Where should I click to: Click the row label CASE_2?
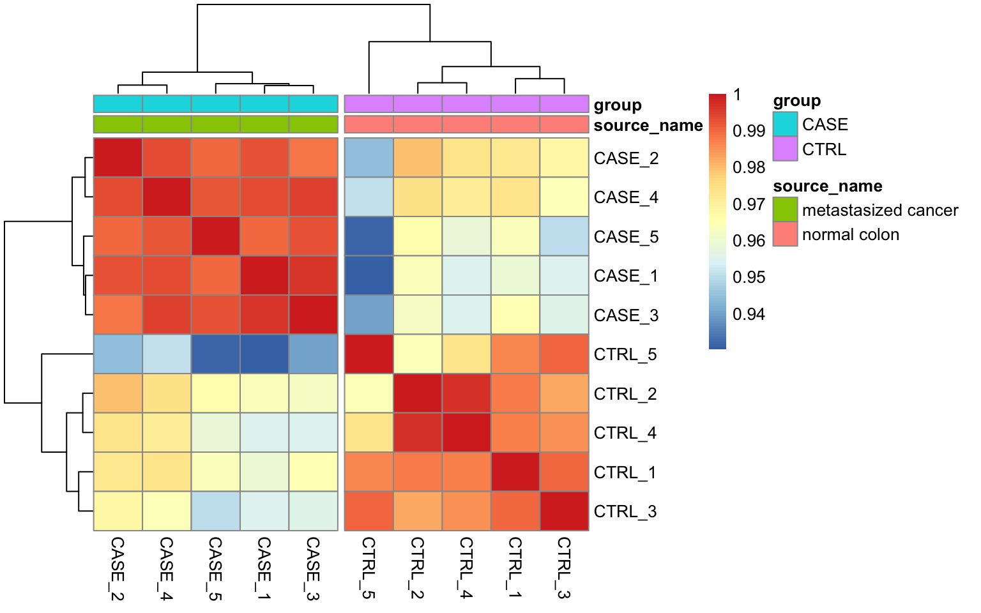tap(625, 158)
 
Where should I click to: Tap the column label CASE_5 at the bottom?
tap(215, 568)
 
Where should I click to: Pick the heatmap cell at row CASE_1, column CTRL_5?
tap(369, 276)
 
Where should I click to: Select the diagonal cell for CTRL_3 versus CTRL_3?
tap(564, 511)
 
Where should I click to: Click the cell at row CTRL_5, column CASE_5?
tap(216, 354)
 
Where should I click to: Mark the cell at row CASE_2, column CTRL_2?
tap(418, 158)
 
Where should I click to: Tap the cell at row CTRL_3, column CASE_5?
tap(216, 511)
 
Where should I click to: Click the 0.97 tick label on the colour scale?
tap(749, 204)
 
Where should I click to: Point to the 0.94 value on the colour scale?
tap(749, 314)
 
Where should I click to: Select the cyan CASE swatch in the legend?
tap(785, 124)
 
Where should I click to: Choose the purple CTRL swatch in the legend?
tap(785, 149)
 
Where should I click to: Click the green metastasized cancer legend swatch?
tap(785, 209)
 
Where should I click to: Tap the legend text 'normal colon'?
tap(850, 234)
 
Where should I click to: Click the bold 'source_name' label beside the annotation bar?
tap(648, 125)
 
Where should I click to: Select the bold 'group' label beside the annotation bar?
tap(617, 105)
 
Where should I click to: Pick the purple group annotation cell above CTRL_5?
tap(369, 103)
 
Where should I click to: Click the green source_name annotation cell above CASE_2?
tap(118, 124)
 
